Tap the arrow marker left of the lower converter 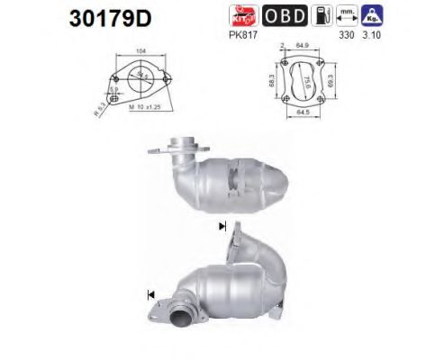(x=148, y=292)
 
